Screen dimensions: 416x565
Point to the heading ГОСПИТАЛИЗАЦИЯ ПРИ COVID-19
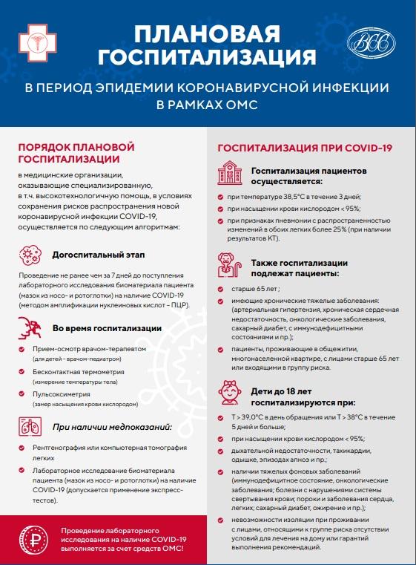pyautogui.click(x=305, y=148)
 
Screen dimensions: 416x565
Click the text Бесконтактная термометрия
pyautogui.click(x=80, y=370)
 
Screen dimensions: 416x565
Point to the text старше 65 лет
pyautogui.click(x=253, y=288)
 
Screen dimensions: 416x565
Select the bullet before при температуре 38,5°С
pyautogui.click(x=219, y=197)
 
